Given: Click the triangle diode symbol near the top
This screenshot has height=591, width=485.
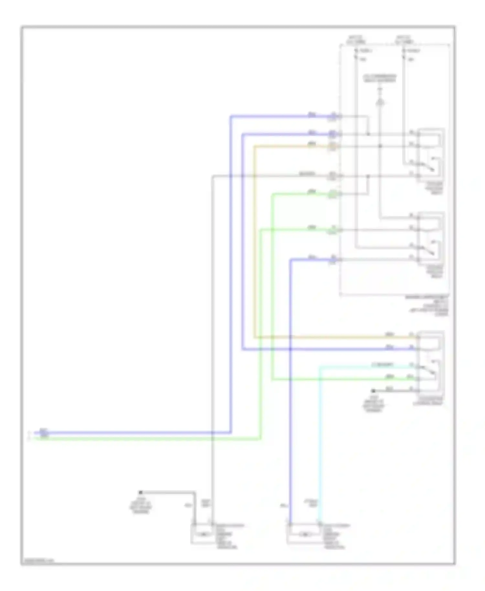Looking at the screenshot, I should [x=381, y=103].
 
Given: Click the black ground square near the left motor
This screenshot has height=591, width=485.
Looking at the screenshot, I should [x=140, y=492].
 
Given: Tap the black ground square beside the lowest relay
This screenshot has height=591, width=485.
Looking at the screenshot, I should [x=373, y=391].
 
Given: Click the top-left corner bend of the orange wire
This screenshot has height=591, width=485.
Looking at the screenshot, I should [x=254, y=147].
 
